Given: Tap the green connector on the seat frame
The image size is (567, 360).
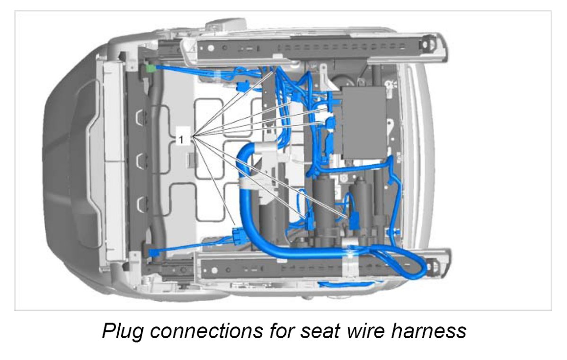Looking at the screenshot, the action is coord(151,69).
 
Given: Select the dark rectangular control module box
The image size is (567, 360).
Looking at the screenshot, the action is coord(364,122).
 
